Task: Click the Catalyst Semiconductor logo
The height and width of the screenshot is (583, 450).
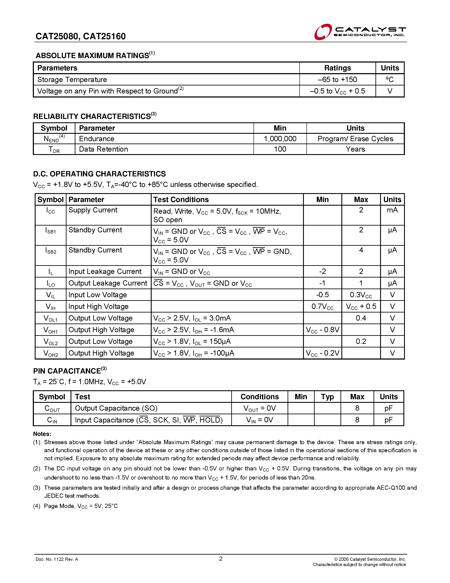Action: click(x=360, y=32)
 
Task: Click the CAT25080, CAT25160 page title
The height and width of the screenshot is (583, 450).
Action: click(x=80, y=36)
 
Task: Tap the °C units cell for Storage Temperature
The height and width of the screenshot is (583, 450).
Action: click(x=389, y=79)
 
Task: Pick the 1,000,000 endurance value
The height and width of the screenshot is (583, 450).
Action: click(x=280, y=139)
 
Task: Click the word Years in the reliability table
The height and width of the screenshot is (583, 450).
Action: click(x=355, y=149)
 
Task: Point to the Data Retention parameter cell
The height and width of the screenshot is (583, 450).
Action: click(x=103, y=149)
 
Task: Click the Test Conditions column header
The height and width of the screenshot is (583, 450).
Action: click(x=181, y=200)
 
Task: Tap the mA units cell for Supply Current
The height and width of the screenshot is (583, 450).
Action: click(x=392, y=210)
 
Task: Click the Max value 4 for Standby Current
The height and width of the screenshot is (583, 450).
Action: click(x=361, y=250)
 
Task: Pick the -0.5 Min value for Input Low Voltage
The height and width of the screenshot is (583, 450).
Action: click(x=322, y=295)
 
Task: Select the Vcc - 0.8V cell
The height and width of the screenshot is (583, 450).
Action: click(x=322, y=330)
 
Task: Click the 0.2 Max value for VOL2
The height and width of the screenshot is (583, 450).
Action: click(x=361, y=341)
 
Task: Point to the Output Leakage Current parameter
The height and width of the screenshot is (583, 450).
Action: click(x=108, y=283)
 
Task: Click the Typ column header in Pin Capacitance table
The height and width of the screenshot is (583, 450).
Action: click(x=327, y=397)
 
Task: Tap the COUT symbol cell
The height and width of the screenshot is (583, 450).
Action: click(x=52, y=409)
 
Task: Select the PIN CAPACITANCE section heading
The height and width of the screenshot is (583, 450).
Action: click(x=70, y=371)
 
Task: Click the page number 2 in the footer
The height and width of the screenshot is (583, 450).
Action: click(x=220, y=559)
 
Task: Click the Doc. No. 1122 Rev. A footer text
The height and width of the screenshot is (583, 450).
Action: click(x=57, y=559)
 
